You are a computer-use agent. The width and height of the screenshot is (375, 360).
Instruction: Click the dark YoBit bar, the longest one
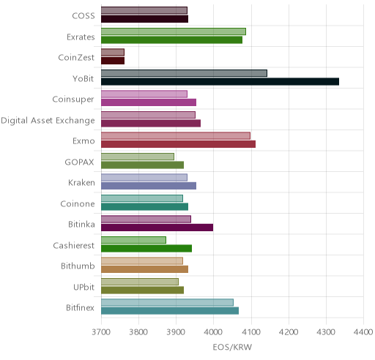(220, 82)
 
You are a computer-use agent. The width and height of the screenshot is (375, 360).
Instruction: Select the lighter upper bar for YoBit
(184, 73)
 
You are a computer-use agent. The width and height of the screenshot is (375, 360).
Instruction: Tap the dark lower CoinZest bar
(113, 61)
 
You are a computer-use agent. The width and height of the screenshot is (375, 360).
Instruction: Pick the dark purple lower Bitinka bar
(157, 228)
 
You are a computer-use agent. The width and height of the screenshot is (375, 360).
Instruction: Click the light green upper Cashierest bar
(133, 240)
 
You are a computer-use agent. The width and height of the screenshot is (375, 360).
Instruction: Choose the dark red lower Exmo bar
(178, 144)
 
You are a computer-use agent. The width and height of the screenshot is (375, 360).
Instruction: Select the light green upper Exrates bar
(174, 31)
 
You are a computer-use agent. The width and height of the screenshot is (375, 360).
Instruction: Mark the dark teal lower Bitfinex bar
(170, 311)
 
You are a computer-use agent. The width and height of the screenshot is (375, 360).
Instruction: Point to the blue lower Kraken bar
(149, 186)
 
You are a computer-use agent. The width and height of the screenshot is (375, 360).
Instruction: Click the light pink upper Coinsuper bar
(144, 94)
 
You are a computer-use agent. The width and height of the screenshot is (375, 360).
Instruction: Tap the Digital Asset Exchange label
(48, 121)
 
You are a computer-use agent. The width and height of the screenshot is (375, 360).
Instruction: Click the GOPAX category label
(79, 162)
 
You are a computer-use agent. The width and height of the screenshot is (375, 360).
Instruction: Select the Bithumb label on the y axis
(78, 266)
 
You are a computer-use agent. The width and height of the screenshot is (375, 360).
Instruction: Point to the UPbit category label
(83, 287)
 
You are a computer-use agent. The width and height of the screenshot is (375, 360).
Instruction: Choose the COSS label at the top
(83, 16)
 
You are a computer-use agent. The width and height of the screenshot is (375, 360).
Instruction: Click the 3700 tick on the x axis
(101, 332)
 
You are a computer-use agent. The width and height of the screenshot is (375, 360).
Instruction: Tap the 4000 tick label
(213, 332)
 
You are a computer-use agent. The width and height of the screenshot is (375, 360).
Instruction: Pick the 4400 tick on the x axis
(363, 332)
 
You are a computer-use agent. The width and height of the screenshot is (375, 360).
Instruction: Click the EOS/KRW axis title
(232, 347)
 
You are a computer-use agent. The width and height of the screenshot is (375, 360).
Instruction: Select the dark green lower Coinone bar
(144, 207)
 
